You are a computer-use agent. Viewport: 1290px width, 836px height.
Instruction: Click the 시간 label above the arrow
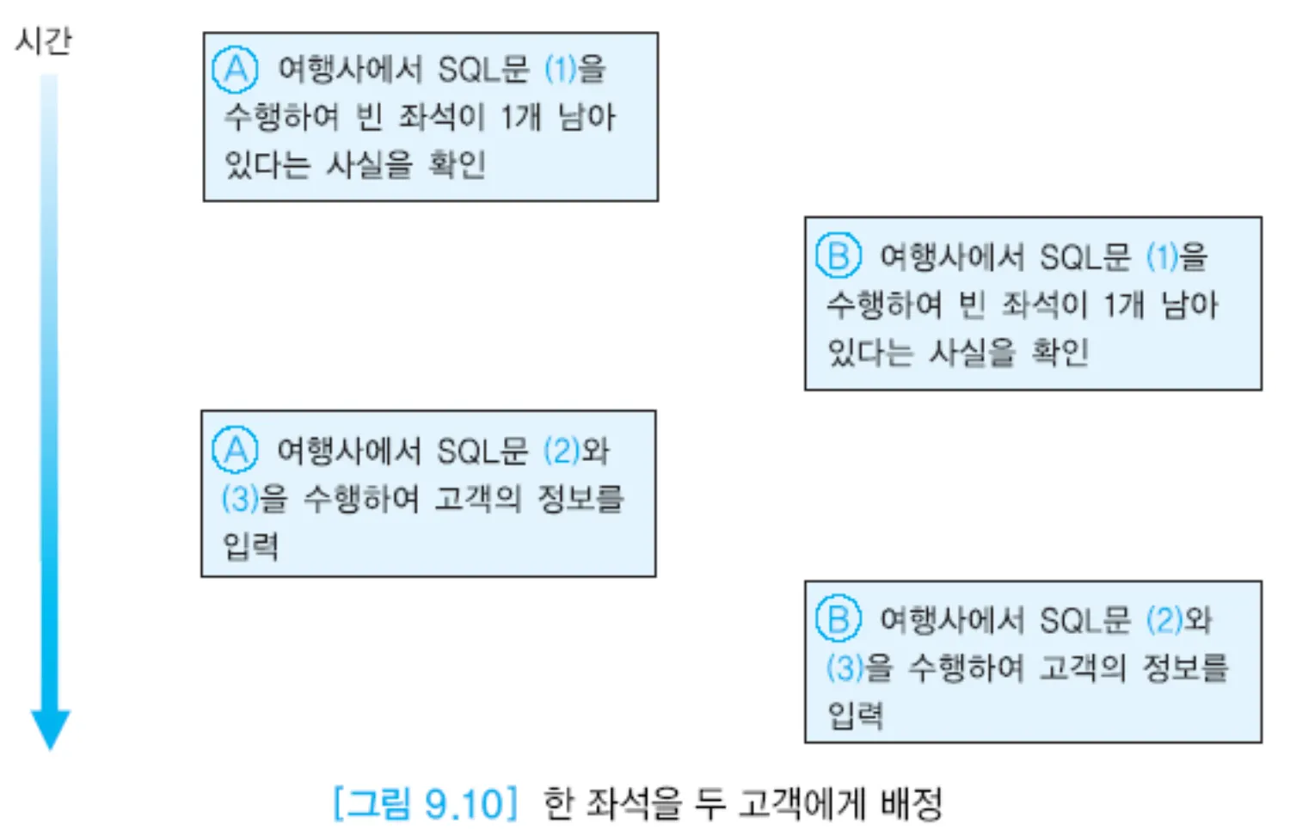[x=43, y=40]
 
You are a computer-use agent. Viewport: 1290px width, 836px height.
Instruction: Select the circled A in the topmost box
[x=235, y=70]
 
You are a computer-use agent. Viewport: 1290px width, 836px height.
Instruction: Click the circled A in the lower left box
[x=234, y=450]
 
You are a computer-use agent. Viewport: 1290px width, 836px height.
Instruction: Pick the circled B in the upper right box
[x=838, y=255]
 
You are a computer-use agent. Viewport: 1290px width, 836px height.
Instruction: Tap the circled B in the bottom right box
[x=838, y=619]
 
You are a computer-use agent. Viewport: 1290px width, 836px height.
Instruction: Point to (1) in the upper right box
[x=1162, y=256]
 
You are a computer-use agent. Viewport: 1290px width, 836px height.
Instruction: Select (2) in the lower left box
[x=562, y=451]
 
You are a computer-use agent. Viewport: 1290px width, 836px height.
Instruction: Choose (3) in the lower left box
[x=240, y=498]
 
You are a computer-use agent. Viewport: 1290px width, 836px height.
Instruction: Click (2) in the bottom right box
[x=1164, y=620]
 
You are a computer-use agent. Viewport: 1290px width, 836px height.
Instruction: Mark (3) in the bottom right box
[x=845, y=667]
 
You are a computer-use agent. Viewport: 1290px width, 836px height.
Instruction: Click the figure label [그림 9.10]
[x=426, y=804]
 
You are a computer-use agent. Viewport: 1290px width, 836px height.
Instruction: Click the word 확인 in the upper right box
[x=1060, y=351]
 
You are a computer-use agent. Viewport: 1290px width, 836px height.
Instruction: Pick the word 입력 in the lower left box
[x=250, y=545]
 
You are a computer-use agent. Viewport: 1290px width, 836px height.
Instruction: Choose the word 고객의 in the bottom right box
[x=1083, y=667]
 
